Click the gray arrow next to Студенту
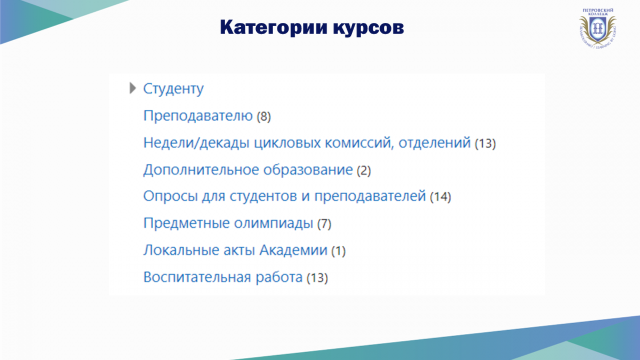coord(133,88)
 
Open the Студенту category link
coord(173,89)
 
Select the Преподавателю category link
coord(198,116)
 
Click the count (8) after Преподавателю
coord(263,117)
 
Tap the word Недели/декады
coord(196,143)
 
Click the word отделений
coord(435,143)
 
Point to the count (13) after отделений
coord(485,143)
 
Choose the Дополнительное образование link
coord(248,170)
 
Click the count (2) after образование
coord(364,171)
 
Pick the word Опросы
coord(171,197)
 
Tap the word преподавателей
coord(370,197)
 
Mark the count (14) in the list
coord(441,197)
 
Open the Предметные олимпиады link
coord(228,223)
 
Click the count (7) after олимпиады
coord(324,223)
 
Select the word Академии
coord(293,250)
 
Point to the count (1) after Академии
coord(338,251)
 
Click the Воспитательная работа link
coord(223,277)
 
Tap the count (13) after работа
coord(317,278)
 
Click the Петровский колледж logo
coord(598,28)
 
